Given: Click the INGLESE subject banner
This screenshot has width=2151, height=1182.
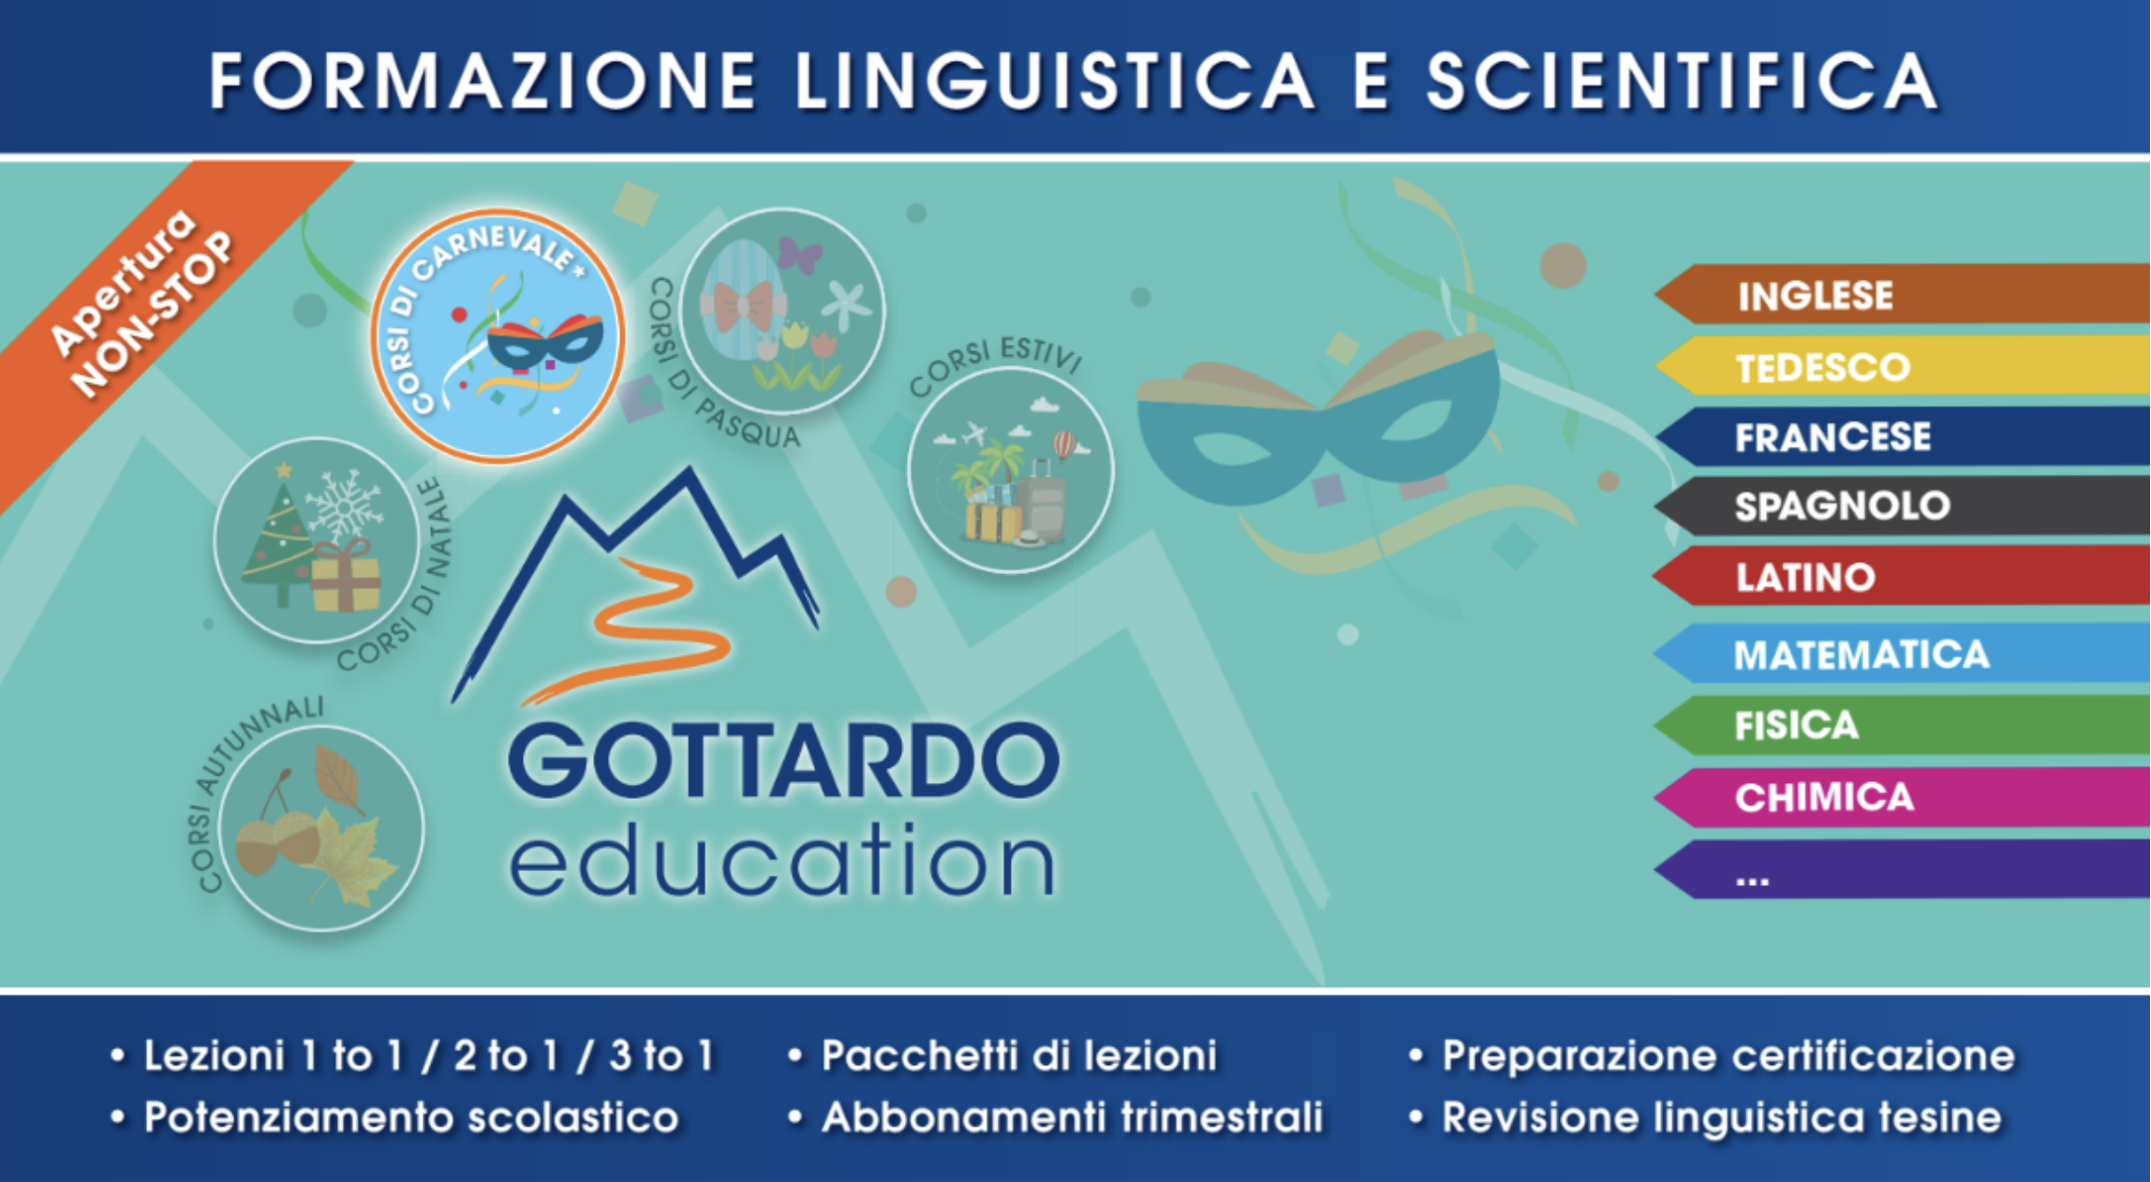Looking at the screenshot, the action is (1902, 295).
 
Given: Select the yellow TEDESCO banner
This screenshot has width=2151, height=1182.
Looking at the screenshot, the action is (1902, 366).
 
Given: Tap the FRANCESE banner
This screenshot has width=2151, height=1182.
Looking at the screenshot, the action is (1902, 436).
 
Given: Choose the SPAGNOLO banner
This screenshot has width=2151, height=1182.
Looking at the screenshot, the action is (1902, 506).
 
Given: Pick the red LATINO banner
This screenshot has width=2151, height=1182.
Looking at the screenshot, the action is (1902, 577).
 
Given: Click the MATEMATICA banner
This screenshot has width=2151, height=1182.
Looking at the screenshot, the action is (1902, 654).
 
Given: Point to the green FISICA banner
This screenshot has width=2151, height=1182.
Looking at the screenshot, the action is (1902, 725).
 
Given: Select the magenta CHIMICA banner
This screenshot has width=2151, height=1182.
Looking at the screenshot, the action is (1902, 797).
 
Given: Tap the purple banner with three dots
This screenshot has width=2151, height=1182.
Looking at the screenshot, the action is (1902, 870).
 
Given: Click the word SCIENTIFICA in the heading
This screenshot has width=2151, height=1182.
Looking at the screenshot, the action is (1683, 81).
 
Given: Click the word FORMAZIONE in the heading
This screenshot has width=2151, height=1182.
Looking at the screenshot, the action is (482, 81).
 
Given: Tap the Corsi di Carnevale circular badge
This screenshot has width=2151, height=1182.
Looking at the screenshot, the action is (497, 336).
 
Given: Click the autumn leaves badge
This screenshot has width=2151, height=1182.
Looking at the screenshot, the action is (320, 828).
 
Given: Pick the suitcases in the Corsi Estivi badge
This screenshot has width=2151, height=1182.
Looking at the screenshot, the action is (1016, 506).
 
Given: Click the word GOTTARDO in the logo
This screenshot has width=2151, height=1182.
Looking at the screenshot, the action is (784, 760).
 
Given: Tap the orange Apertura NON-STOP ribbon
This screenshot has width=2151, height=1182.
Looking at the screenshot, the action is (150, 309).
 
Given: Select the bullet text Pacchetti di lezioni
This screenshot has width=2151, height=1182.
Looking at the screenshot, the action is (1019, 1056).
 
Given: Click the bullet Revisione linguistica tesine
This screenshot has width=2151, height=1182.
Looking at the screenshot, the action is (1722, 1117).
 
